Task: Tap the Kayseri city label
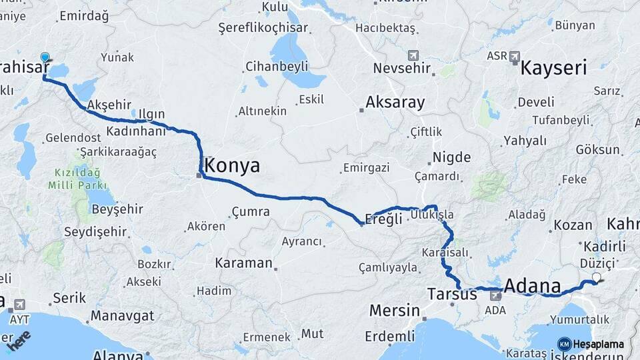(553, 68)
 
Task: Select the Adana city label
(532, 287)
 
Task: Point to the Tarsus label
(452, 293)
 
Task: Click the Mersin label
(393, 310)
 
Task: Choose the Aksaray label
(395, 103)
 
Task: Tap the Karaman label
(243, 263)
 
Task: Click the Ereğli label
(385, 219)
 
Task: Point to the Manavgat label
(122, 315)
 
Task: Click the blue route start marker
(45, 58)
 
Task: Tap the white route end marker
(596, 277)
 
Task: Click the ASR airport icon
(514, 57)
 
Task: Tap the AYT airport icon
(18, 304)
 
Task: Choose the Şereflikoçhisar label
(263, 28)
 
